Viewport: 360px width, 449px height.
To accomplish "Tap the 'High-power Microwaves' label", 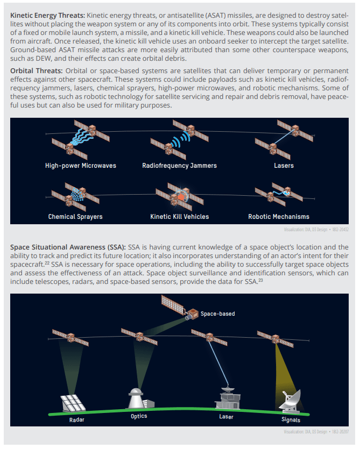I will (81, 166).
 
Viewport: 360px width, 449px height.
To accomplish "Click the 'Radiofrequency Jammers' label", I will (179, 166).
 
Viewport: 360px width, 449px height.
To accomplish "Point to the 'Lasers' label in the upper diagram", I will (284, 166).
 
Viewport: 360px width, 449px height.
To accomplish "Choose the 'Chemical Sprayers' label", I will (75, 217).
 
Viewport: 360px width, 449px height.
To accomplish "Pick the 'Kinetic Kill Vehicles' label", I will (179, 217).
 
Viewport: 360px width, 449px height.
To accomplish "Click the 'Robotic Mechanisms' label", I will (279, 217).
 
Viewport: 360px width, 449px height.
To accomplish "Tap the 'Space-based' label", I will (217, 313).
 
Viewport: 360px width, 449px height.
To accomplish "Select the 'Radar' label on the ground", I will (77, 419).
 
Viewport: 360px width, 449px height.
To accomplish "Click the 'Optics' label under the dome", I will (139, 416).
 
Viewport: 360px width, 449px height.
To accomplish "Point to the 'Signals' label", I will (291, 419).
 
